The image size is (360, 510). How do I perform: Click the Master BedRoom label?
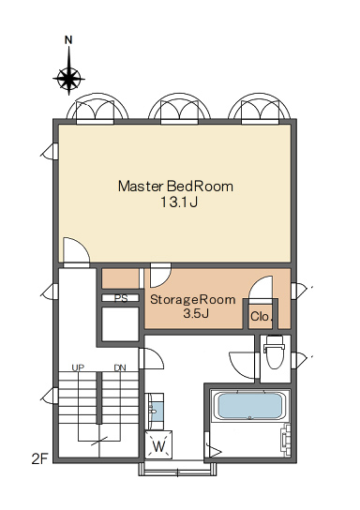pyautogui.click(x=175, y=187)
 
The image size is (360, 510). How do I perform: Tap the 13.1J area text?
pyautogui.click(x=179, y=202)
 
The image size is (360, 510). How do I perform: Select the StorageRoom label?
pyautogui.click(x=193, y=299)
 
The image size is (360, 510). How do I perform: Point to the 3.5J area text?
pyautogui.click(x=196, y=313)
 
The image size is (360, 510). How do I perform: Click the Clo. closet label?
pyautogui.click(x=261, y=316)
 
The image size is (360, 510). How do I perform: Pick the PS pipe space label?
pyautogui.click(x=121, y=298)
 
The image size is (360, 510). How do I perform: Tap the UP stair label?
pyautogui.click(x=78, y=367)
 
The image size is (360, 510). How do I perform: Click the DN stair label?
pyautogui.click(x=120, y=367)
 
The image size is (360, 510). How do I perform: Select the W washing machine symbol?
pyautogui.click(x=158, y=444)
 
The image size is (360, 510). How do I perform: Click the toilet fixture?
pyautogui.click(x=275, y=352)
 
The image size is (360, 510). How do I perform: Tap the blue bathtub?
pyautogui.click(x=249, y=406)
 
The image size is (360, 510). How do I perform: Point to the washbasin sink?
pyautogui.click(x=155, y=412)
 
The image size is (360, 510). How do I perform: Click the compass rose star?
pyautogui.click(x=68, y=79)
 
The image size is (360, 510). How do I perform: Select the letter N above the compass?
pyautogui.click(x=68, y=40)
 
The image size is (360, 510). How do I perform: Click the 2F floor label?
pyautogui.click(x=40, y=459)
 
